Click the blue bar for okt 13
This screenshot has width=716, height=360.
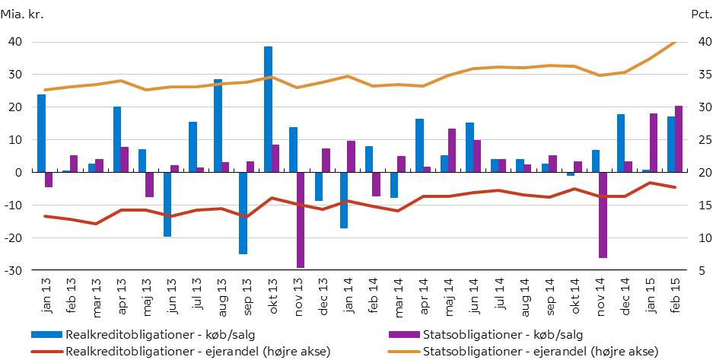pos(268,110)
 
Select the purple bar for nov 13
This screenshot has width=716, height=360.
pos(301,220)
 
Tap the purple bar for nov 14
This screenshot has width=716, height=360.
pos(603,215)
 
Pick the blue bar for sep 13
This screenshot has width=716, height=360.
pos(243,213)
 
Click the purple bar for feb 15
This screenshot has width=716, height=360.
pos(679,139)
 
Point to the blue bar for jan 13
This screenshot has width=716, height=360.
pos(41,133)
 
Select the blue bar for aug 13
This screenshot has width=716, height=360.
pos(218,126)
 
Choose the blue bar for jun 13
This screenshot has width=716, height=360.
pos(167,204)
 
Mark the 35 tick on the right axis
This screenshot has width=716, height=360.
pos(702,75)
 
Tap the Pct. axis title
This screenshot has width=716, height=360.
pos(700,14)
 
